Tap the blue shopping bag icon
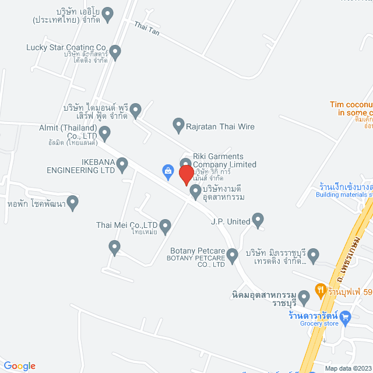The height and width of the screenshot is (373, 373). (x=168, y=171)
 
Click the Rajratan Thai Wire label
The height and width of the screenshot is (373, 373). (x=220, y=126)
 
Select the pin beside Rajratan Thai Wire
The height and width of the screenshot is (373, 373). (x=179, y=124)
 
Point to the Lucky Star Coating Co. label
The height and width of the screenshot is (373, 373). (x=67, y=47)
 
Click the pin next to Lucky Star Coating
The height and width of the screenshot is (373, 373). (x=115, y=52)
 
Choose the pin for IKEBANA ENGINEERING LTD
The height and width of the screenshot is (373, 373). (x=122, y=166)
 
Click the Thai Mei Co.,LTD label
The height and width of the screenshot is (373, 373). (x=127, y=224)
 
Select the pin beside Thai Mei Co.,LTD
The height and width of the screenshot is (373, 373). (x=165, y=225)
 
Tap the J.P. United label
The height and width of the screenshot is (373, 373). (x=230, y=221)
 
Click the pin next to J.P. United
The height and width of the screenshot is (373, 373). (x=258, y=220)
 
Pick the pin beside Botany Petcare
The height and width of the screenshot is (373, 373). (x=232, y=254)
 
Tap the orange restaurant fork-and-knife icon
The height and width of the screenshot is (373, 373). (x=320, y=288)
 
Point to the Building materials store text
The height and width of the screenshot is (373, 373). (x=344, y=195)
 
